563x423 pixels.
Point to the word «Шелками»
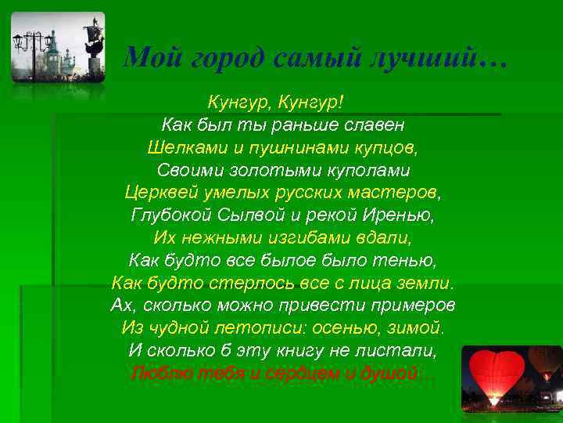[177, 147]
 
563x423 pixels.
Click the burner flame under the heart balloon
[494, 401]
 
